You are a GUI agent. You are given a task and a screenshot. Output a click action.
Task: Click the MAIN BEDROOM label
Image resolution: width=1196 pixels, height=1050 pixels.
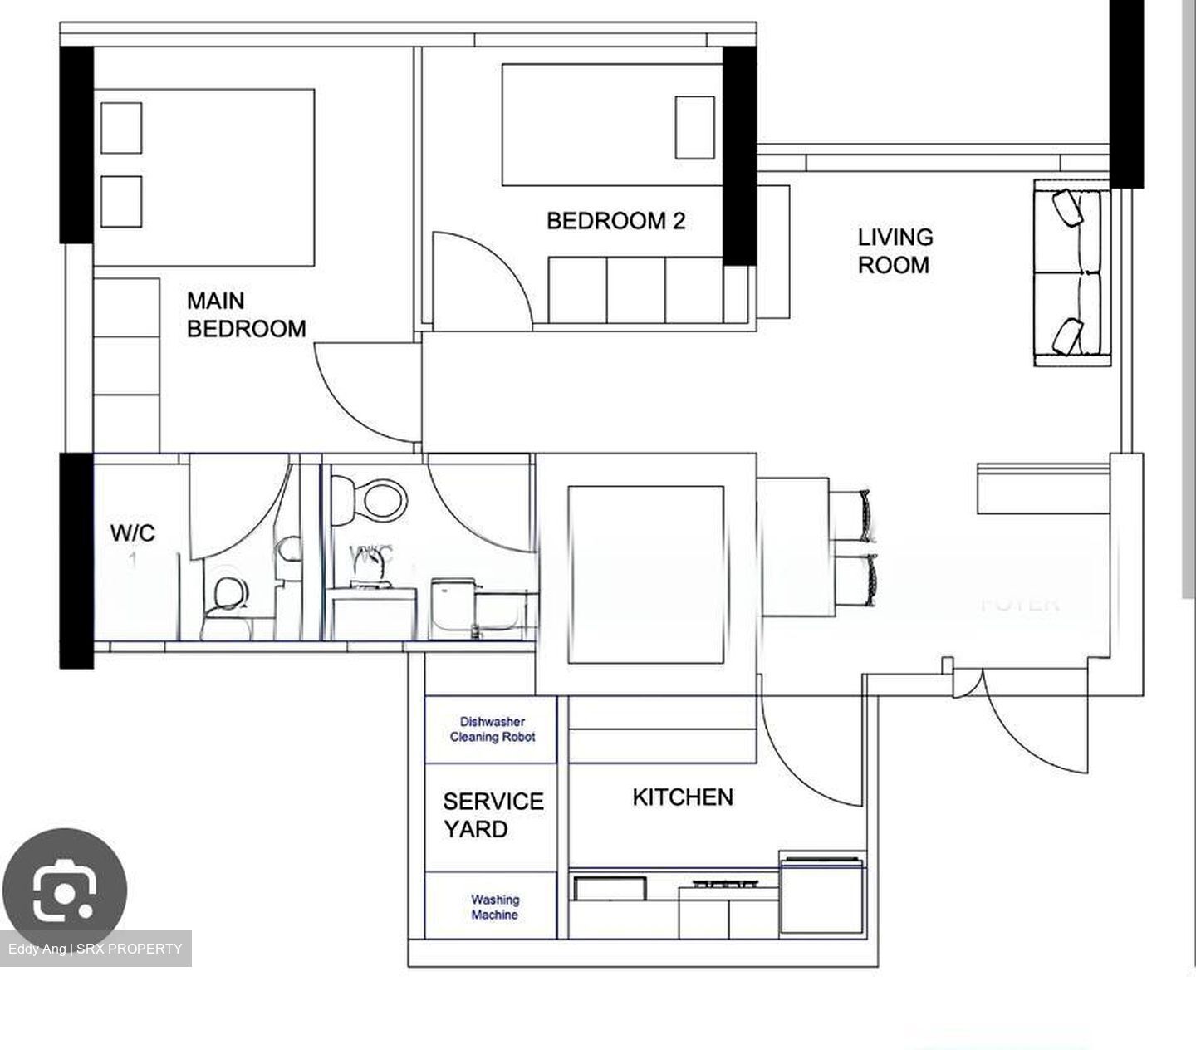click(x=246, y=315)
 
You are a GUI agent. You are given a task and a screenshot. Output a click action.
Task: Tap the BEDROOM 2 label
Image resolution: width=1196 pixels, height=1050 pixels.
click(x=615, y=221)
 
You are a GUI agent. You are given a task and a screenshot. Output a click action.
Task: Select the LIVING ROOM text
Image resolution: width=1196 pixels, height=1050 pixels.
click(x=895, y=251)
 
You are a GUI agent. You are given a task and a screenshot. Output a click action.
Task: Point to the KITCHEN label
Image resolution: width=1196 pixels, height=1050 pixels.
click(x=683, y=797)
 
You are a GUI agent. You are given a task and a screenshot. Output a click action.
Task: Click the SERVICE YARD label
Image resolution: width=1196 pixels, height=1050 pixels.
click(x=493, y=815)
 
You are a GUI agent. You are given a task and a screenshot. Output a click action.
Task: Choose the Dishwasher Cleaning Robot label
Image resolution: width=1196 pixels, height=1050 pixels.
click(x=493, y=729)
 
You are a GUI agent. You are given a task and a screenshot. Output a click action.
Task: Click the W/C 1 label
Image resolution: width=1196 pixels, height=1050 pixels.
click(x=133, y=541)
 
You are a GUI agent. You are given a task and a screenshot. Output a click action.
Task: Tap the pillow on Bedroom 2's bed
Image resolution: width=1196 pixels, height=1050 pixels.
click(x=694, y=127)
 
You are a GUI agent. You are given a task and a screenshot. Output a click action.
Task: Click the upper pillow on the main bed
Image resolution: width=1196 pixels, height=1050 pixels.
click(x=121, y=127)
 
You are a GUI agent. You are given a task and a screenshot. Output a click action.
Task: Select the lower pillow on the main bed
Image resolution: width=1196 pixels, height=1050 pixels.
click(x=121, y=201)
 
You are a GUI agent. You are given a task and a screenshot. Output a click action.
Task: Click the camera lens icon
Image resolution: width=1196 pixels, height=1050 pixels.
click(x=64, y=891)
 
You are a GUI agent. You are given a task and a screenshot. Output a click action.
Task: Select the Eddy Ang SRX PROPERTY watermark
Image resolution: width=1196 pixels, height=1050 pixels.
click(x=96, y=949)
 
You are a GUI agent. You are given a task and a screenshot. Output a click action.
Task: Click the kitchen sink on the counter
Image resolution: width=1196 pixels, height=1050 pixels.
click(x=611, y=887)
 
